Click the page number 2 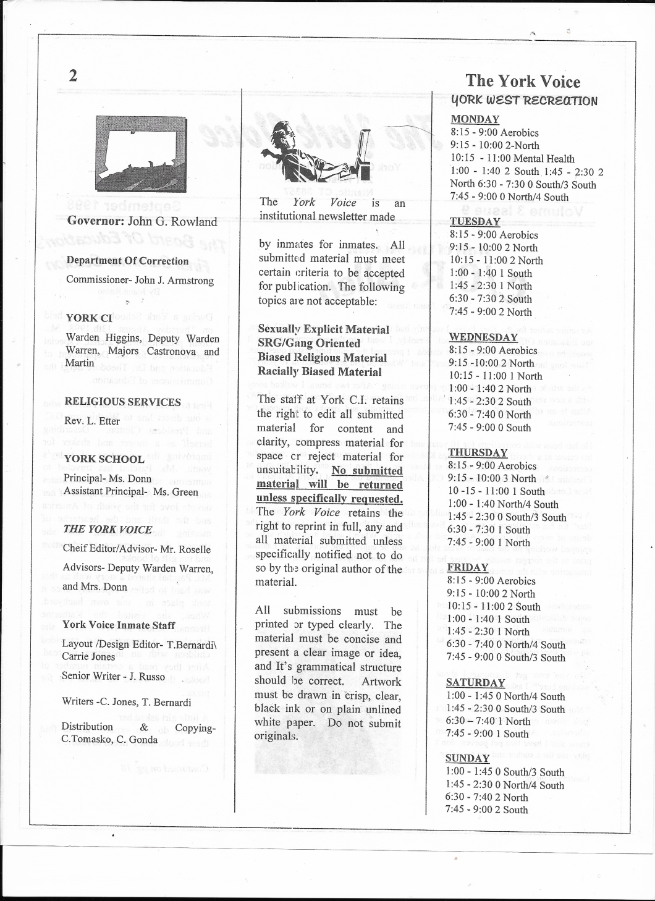73,76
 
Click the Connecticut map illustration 141,153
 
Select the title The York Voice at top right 523,82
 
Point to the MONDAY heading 475,119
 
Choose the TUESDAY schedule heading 475,222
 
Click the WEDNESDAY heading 483,337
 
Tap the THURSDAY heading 477,452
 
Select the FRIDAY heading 467,567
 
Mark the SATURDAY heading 475,682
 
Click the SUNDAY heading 467,758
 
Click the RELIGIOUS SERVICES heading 122,402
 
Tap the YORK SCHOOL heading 104,459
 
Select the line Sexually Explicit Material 323,329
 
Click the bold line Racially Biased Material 319,371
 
